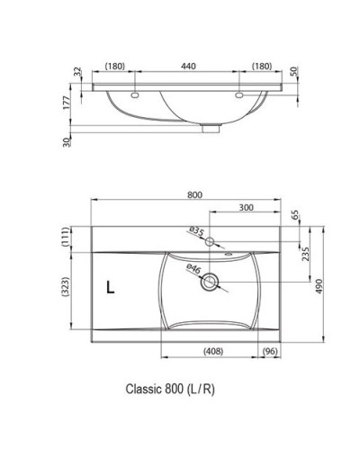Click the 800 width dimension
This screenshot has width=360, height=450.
coord(194,195)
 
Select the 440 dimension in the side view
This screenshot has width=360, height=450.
coord(187,67)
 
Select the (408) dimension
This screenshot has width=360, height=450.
coord(212,351)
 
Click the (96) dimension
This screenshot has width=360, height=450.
coord(268,351)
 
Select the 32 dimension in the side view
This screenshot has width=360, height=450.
coord(78,72)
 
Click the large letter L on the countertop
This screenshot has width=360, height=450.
coord(109,288)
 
